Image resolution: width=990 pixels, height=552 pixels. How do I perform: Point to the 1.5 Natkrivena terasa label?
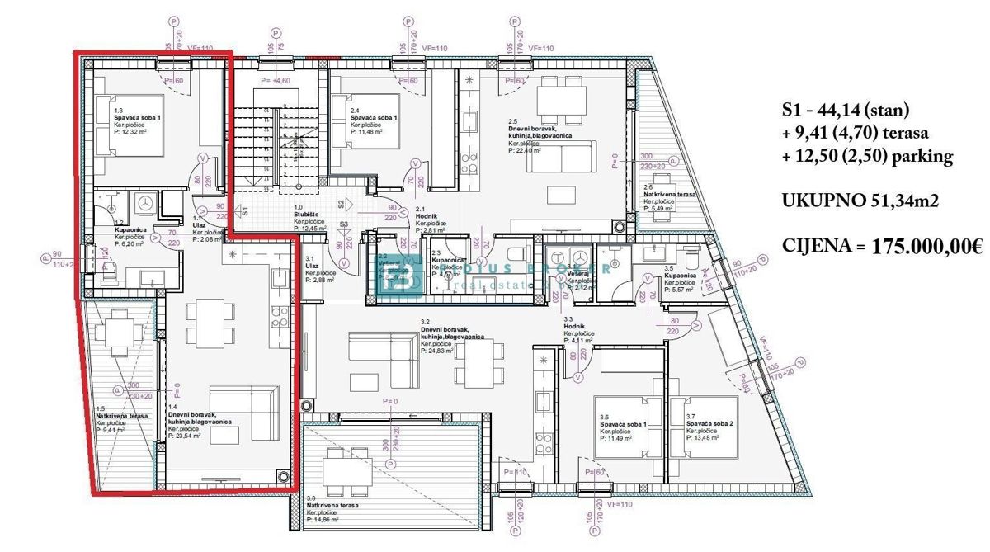[x=122, y=416]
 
